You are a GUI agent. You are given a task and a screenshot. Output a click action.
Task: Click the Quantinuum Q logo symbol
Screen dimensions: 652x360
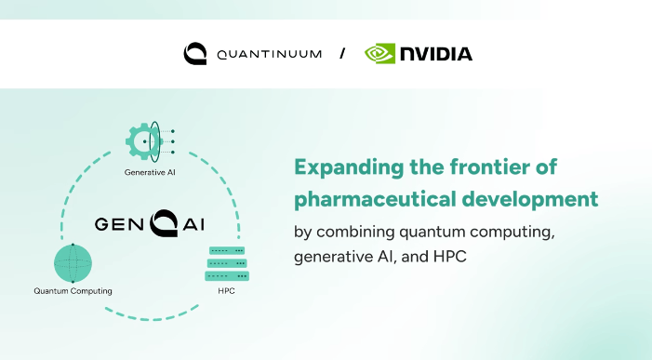[x=195, y=53]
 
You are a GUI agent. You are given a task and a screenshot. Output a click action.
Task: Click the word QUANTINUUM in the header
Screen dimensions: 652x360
[x=270, y=54]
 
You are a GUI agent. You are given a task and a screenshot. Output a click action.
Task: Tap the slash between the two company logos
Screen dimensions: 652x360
[x=342, y=53]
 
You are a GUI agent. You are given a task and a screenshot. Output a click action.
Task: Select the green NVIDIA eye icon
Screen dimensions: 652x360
[x=379, y=54]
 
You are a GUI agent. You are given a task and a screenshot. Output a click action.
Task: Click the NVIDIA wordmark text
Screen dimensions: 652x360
[x=436, y=54]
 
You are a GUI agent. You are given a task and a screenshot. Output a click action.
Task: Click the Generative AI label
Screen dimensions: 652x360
[x=150, y=172]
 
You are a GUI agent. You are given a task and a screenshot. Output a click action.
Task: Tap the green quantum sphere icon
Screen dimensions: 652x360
[x=73, y=263]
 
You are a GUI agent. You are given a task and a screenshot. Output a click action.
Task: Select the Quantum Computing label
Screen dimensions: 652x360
[x=73, y=291]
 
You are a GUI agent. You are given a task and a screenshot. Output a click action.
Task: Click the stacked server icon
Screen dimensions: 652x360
[x=227, y=263]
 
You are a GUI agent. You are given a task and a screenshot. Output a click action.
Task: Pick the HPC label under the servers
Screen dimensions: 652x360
[x=226, y=291]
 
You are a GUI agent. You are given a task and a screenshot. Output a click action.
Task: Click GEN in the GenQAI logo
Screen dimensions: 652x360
[x=119, y=224]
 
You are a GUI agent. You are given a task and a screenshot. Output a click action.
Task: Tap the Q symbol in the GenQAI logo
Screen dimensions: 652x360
[x=164, y=223]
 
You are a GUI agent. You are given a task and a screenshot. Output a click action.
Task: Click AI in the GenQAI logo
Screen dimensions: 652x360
[x=193, y=224]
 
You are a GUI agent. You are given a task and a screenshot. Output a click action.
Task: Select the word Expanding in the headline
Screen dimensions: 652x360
[x=349, y=168]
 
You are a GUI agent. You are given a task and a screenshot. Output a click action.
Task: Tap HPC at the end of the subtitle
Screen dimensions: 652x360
[x=450, y=257]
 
